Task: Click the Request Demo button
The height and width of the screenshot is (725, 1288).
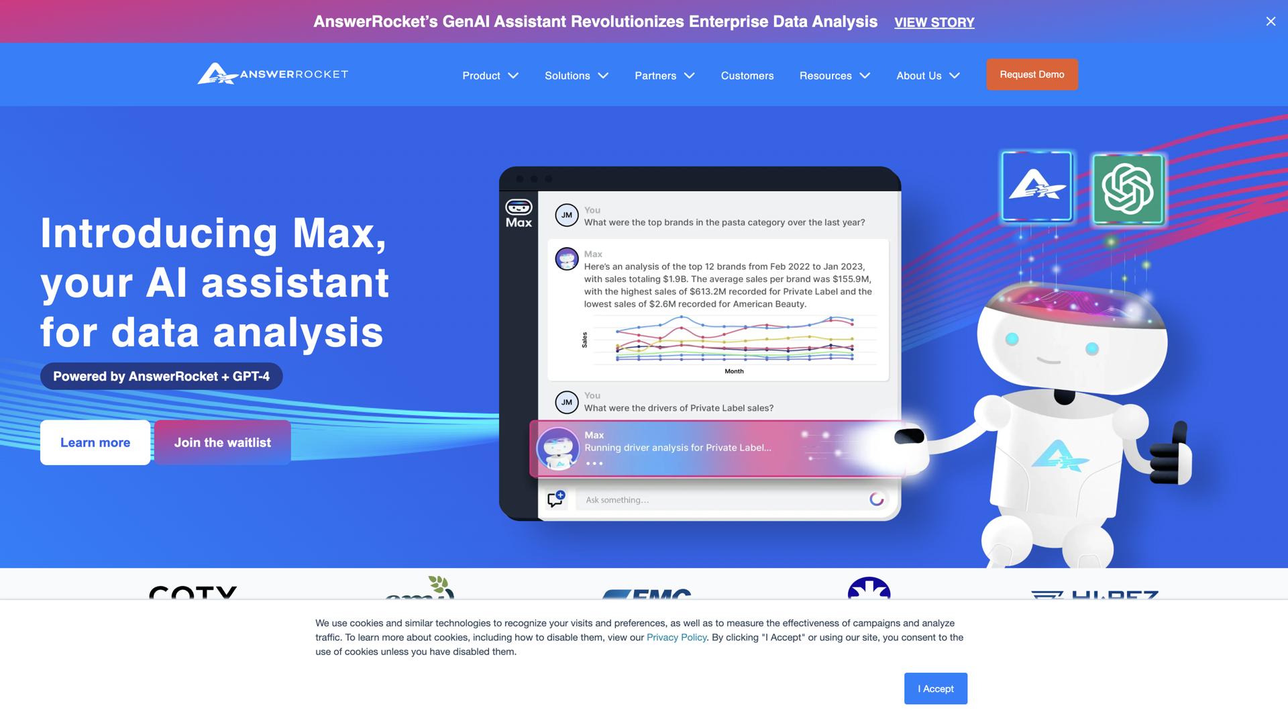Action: point(1032,75)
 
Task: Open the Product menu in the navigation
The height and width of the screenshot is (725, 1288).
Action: point(490,76)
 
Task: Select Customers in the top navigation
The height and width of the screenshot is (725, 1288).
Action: point(747,76)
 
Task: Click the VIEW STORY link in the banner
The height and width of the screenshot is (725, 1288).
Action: point(934,22)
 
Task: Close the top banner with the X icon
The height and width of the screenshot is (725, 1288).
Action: point(1271,21)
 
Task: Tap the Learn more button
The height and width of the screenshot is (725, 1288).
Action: point(95,442)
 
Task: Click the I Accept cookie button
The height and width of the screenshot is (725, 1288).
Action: point(935,689)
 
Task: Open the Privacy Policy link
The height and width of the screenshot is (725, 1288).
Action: point(676,638)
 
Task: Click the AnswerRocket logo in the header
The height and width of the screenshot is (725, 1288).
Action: point(272,74)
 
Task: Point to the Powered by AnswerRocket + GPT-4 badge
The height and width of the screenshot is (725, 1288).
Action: point(161,377)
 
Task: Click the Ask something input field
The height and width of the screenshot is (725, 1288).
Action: point(721,500)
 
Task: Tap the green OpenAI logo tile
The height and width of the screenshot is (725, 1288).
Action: point(1128,189)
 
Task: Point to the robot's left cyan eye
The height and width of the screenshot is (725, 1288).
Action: point(1012,339)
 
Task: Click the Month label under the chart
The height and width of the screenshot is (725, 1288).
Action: point(734,371)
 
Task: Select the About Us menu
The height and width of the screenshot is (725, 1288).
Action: point(928,76)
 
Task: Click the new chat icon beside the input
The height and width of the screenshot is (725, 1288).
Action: point(555,499)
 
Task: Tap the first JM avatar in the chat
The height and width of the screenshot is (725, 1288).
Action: point(567,215)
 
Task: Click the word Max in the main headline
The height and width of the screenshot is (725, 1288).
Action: point(339,234)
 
